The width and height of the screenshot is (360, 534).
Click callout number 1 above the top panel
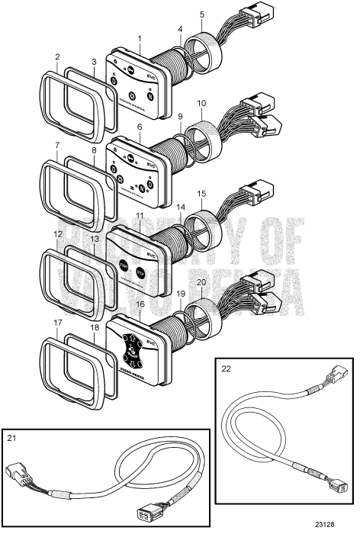tap(140, 38)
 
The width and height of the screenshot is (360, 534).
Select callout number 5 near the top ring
tap(201, 14)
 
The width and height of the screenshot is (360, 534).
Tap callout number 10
tap(201, 102)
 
